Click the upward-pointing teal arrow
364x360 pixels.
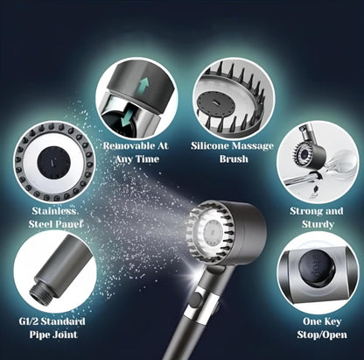[143, 85]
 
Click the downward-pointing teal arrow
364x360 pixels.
[127, 120]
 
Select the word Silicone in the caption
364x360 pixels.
[209, 145]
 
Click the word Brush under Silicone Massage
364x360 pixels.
[234, 159]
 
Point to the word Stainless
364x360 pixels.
[53, 211]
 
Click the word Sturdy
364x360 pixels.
[318, 224]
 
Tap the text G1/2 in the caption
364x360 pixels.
[29, 321]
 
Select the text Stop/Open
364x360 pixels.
[322, 335]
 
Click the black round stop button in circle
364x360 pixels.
[317, 267]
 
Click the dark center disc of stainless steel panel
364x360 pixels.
[53, 162]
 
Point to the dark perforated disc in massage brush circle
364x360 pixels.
[214, 103]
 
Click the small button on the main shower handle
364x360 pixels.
[196, 300]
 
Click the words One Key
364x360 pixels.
[322, 321]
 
